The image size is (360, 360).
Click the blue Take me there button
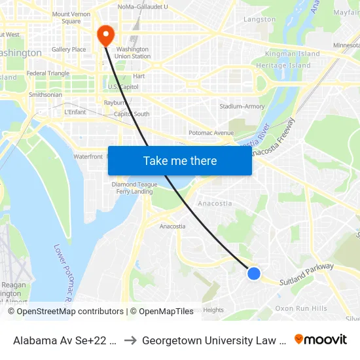pos(180,160)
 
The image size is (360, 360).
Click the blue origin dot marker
pos(254,274)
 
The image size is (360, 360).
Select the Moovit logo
pos(321,339)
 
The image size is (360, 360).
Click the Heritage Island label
pos(283,65)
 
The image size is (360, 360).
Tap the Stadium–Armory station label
pos(242,106)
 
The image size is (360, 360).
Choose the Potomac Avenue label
pos(211,133)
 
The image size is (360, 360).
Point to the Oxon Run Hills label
pos(301,308)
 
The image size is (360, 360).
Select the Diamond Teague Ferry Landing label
pos(134,188)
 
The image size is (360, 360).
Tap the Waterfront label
pos(88,156)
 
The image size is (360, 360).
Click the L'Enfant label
pos(75,113)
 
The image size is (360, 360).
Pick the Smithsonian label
pos(46,95)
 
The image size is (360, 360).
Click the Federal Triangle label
pos(48,73)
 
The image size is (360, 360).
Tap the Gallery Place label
pos(69,49)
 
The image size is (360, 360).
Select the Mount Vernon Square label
pos(71,18)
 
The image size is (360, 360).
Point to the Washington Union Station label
pos(133,52)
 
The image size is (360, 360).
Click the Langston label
pos(259,20)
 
